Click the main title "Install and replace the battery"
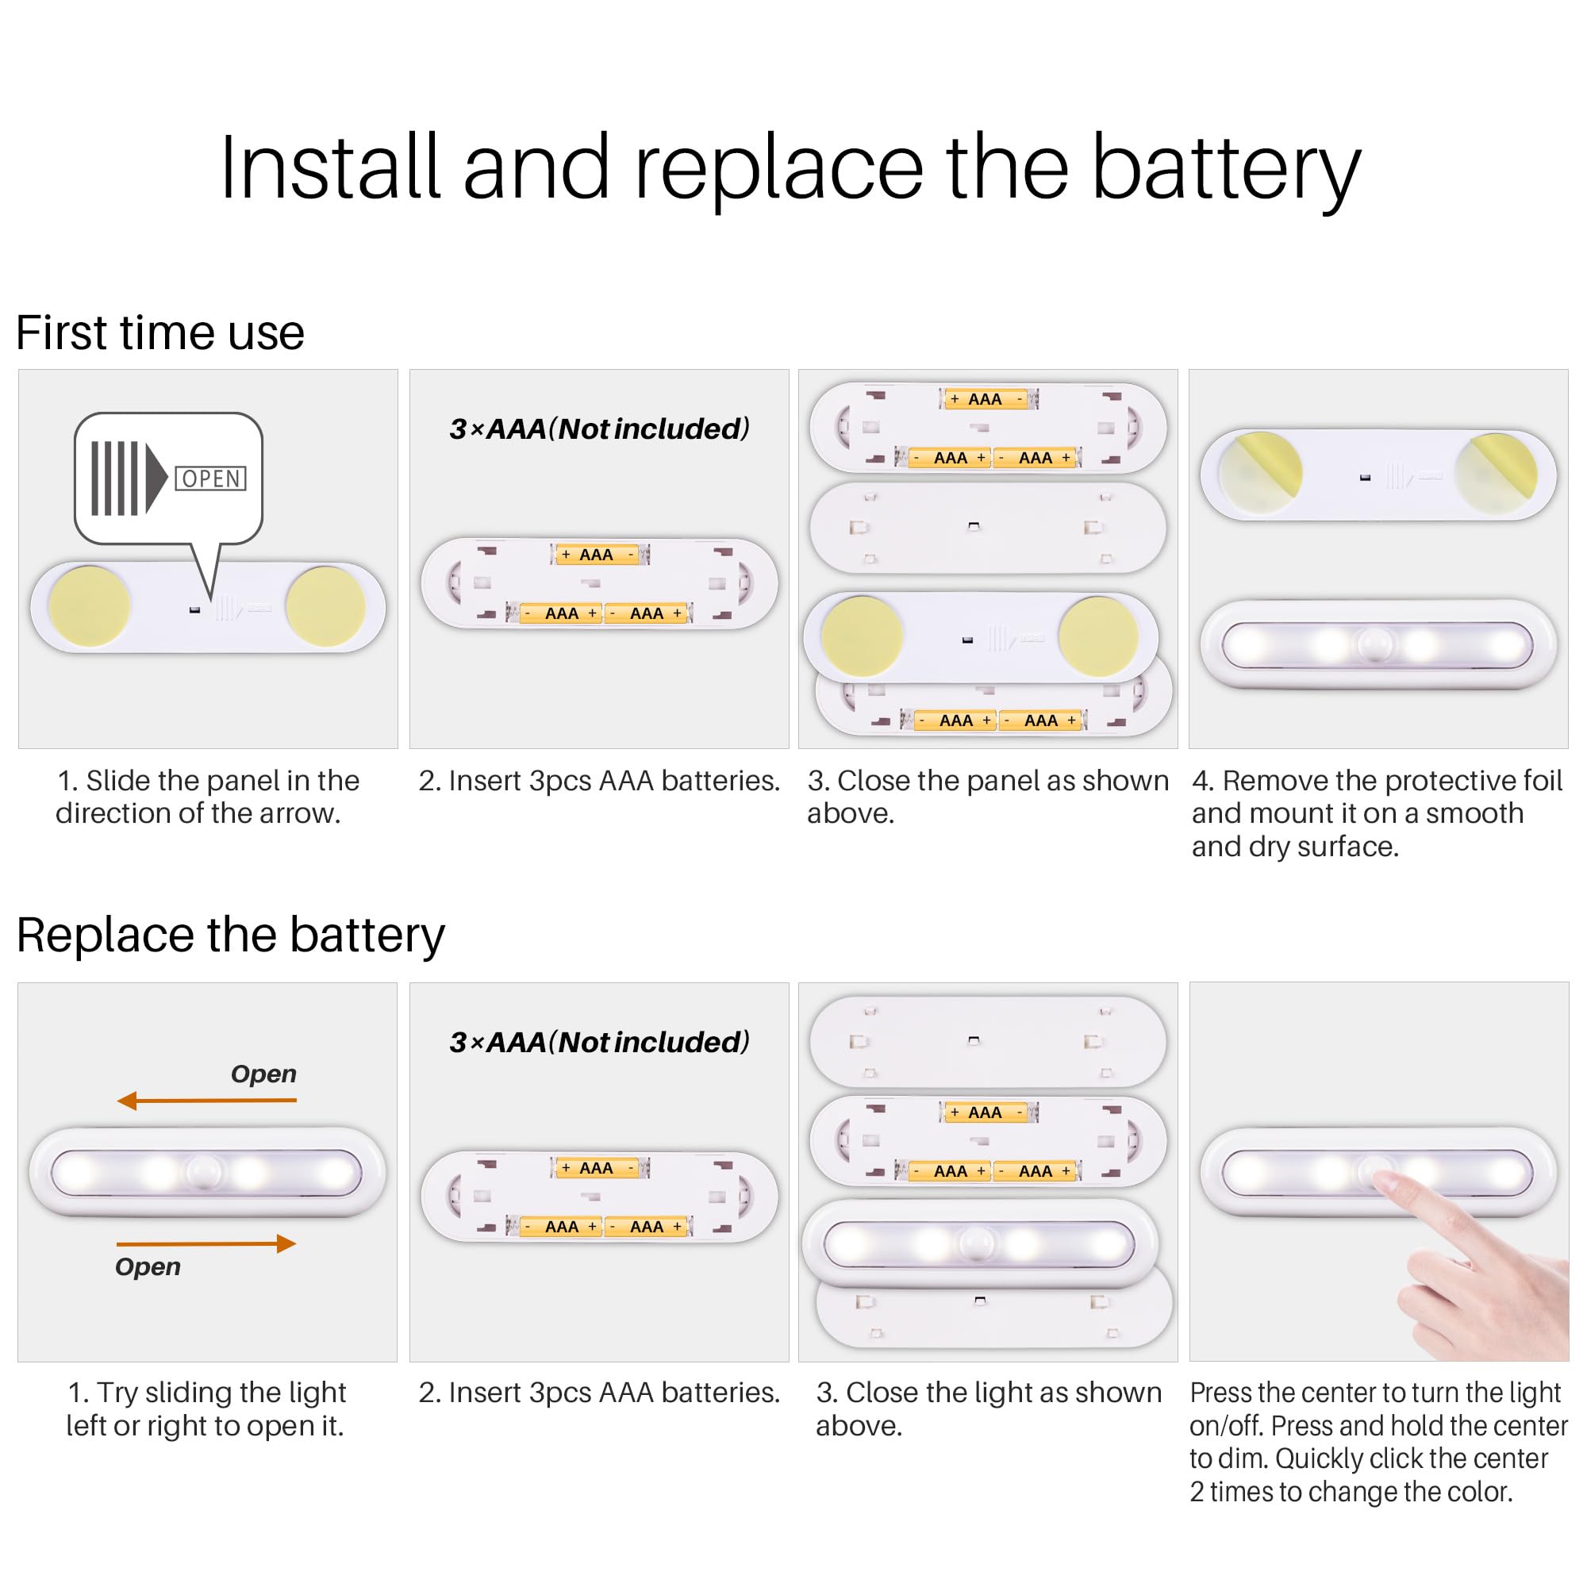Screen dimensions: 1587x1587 click(790, 168)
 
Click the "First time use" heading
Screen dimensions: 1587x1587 click(160, 332)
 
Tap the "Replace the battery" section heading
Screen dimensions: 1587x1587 click(231, 936)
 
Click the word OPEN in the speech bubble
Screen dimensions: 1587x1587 click(211, 479)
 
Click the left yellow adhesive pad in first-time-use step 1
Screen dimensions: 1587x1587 click(89, 607)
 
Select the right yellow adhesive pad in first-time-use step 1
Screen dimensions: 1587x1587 click(326, 606)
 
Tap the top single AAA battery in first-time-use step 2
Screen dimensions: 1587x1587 click(598, 555)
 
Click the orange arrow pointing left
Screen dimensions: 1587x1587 click(206, 1101)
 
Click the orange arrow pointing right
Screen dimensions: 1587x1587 click(206, 1243)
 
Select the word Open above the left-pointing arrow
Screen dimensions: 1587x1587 click(263, 1074)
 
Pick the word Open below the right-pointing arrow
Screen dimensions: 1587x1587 click(148, 1267)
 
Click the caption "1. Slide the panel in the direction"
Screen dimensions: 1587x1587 click(209, 797)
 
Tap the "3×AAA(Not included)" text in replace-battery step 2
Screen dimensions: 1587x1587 click(600, 1042)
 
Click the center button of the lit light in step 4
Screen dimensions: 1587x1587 click(1378, 646)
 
